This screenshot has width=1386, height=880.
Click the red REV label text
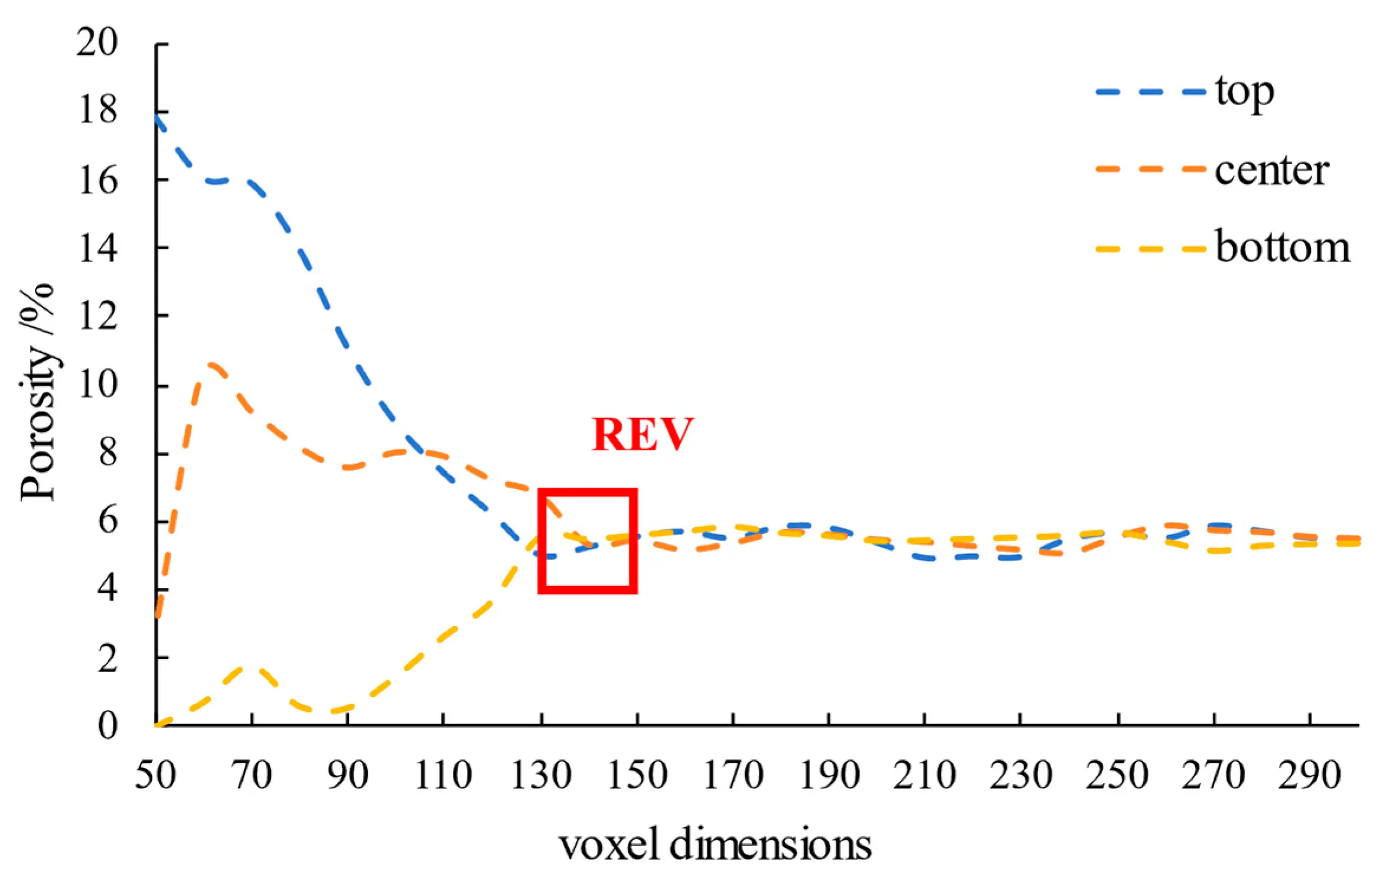(642, 435)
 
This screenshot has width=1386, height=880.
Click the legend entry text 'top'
(1244, 93)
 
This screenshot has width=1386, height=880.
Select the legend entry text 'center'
(1271, 171)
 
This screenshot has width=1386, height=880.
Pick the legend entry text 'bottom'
(1282, 247)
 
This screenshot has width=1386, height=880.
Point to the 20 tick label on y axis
(97, 43)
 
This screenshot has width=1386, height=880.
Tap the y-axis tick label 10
(98, 385)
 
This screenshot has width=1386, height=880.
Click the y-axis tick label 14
(98, 248)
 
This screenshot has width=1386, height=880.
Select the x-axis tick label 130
(540, 775)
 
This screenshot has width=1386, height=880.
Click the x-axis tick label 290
(1309, 775)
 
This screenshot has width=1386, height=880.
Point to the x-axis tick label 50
(155, 775)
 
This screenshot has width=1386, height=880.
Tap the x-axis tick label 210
(924, 775)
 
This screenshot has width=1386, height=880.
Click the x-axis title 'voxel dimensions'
(715, 845)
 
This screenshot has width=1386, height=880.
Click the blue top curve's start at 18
(157, 116)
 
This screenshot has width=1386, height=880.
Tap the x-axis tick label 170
(733, 775)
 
